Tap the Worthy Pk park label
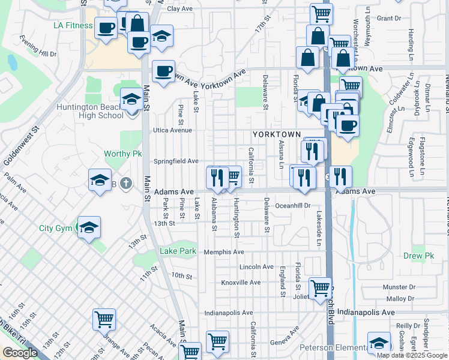(x=122, y=154)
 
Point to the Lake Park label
(x=178, y=251)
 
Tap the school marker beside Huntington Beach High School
(x=131, y=100)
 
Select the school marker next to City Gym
(x=89, y=227)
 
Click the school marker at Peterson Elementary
(x=379, y=344)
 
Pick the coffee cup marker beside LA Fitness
(x=106, y=29)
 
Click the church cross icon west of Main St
(x=125, y=182)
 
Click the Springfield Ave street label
(x=176, y=161)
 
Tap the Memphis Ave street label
(x=224, y=252)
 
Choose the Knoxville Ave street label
(x=241, y=282)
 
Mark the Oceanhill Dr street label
(x=292, y=205)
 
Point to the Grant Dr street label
(x=389, y=19)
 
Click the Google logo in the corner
(x=20, y=353)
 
